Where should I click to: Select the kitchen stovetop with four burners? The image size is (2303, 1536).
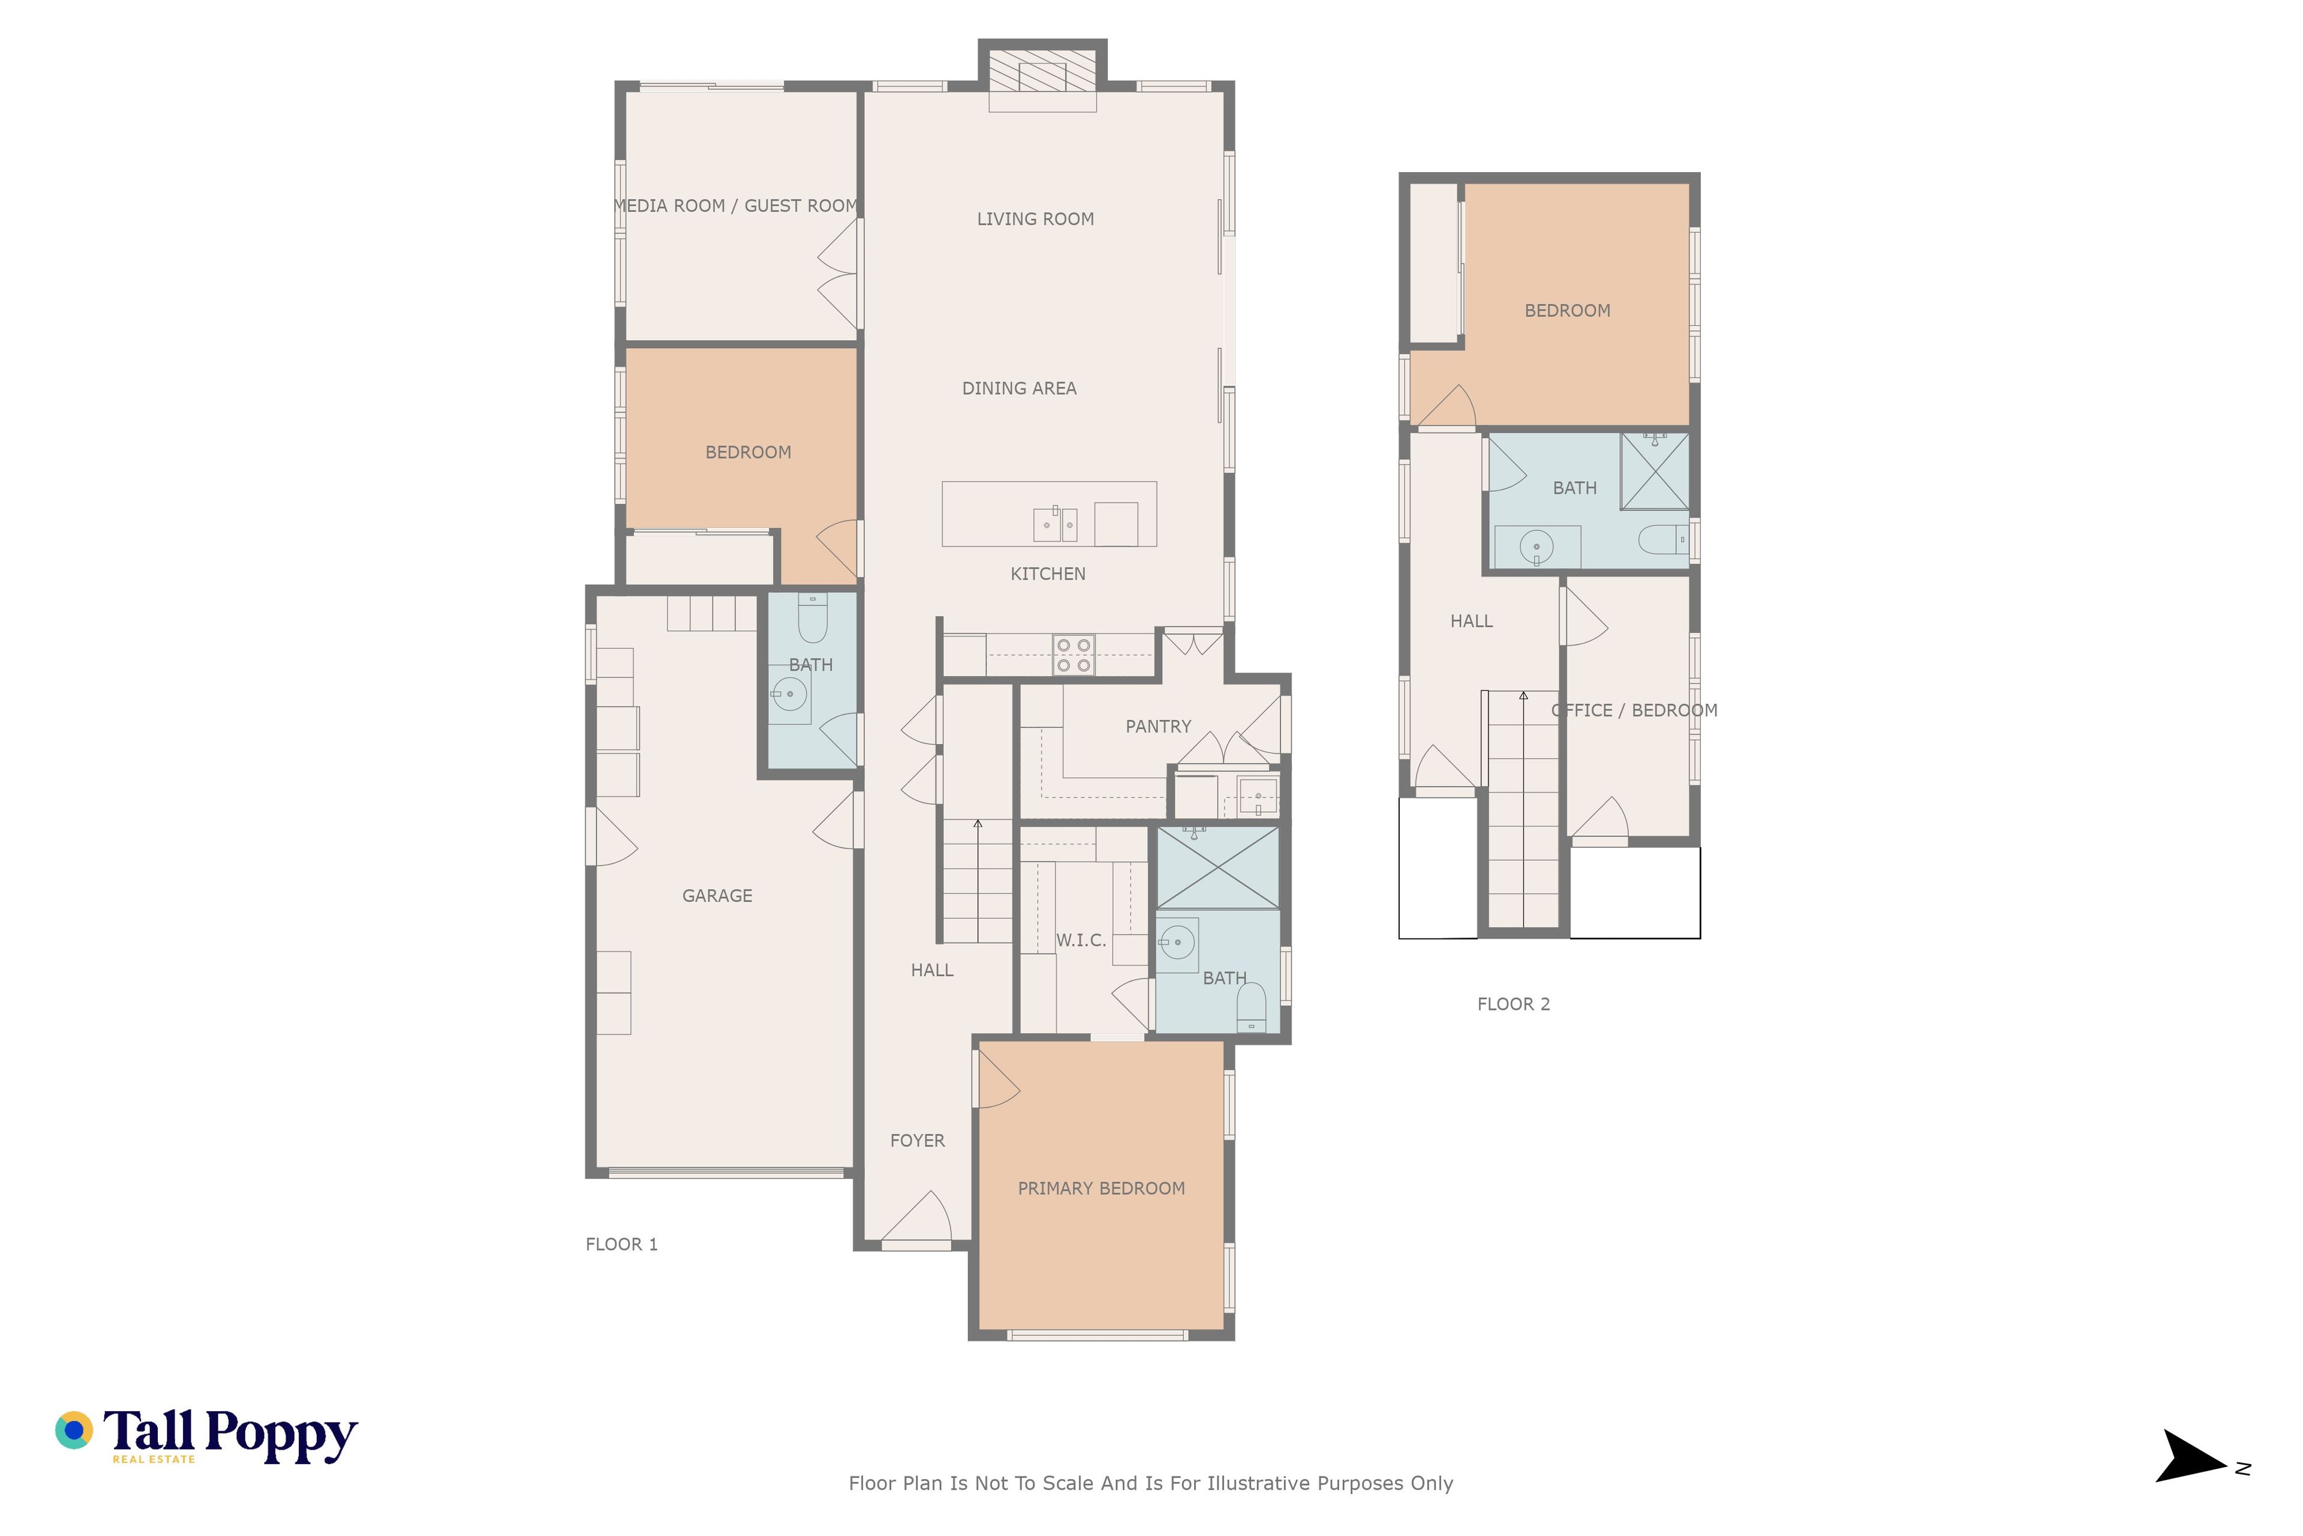tap(1073, 655)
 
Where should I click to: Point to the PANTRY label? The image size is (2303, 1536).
tap(1158, 727)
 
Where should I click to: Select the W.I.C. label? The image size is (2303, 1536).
tap(1081, 940)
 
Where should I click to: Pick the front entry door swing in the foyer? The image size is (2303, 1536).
tap(916, 1220)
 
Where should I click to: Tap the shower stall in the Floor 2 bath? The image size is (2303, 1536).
tap(1655, 471)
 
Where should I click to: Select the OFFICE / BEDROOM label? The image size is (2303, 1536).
tap(1634, 711)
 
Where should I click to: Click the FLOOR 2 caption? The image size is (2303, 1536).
tap(1514, 1004)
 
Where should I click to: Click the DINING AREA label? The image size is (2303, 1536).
tap(1020, 389)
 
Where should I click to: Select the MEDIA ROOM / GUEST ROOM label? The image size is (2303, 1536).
tap(736, 206)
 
